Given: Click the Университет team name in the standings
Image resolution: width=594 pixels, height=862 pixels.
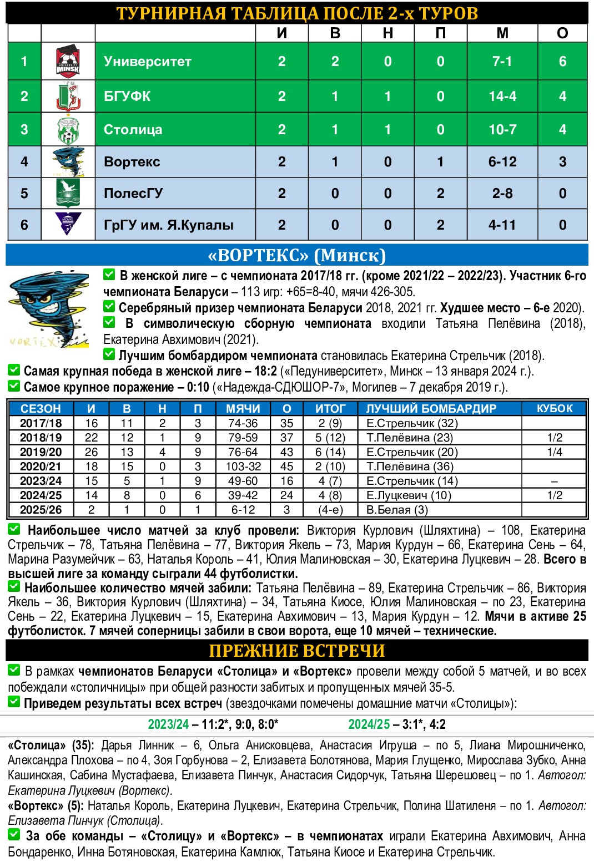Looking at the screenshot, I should click(148, 62).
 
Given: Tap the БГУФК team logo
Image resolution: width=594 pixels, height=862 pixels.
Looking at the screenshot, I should click(68, 96).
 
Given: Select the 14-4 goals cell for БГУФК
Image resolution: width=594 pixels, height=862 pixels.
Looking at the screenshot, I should click(502, 96).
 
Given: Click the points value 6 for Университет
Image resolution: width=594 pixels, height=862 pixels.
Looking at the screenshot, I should click(562, 62).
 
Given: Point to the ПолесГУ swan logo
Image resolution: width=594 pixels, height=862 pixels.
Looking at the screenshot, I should click(68, 193).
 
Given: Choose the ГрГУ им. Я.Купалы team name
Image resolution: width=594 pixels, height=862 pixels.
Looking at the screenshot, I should click(169, 225).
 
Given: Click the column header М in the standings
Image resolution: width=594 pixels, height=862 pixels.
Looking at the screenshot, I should click(502, 33).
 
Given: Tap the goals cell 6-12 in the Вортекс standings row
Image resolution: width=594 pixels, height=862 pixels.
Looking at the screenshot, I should click(502, 162).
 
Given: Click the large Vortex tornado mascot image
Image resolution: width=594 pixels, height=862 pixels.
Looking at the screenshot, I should click(49, 308).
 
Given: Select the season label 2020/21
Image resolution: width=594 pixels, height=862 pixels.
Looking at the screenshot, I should click(41, 467).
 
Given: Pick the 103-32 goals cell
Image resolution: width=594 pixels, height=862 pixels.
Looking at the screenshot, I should click(243, 467).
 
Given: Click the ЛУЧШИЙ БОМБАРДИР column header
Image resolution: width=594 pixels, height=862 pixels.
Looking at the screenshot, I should click(431, 409).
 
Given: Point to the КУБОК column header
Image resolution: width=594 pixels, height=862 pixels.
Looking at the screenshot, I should click(555, 409).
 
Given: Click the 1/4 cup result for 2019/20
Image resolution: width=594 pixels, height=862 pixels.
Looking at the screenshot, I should click(555, 452).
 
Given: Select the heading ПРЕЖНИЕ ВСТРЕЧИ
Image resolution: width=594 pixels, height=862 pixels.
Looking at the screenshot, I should click(297, 651).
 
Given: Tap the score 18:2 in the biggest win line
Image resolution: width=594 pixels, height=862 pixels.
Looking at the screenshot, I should click(262, 372).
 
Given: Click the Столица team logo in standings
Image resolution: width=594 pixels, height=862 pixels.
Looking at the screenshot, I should click(68, 130).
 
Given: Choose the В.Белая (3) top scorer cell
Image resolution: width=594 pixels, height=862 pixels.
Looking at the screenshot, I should click(397, 510).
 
